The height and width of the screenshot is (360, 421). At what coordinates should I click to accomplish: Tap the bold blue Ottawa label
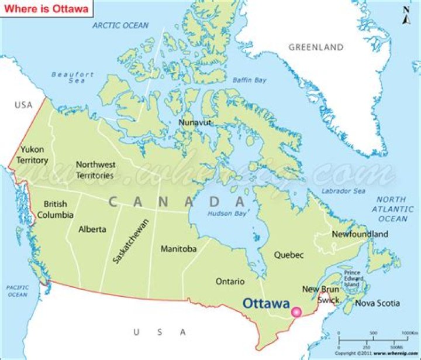click(x=266, y=304)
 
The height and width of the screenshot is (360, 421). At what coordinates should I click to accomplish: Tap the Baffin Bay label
click(x=250, y=80)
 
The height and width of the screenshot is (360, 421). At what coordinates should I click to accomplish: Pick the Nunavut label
click(x=195, y=122)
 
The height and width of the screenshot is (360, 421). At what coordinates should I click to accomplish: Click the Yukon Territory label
click(x=33, y=155)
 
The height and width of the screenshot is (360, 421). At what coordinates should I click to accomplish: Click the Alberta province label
click(x=92, y=229)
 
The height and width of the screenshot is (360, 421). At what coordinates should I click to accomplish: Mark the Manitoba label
click(x=178, y=249)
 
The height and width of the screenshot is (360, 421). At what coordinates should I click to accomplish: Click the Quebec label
click(x=289, y=255)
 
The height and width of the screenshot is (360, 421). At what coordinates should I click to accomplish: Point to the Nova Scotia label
click(x=377, y=303)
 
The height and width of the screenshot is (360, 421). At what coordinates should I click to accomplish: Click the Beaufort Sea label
click(x=73, y=77)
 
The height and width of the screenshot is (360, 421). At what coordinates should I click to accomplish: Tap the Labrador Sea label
click(x=343, y=191)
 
